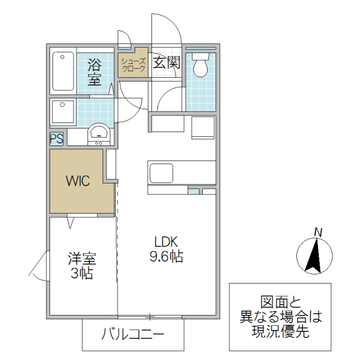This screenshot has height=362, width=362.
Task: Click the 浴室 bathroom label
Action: click(94, 71)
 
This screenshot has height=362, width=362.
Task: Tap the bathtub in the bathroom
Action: click(62, 72)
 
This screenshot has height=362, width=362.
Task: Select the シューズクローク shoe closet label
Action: click(133, 65)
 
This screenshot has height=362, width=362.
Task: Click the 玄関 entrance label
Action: click(165, 63)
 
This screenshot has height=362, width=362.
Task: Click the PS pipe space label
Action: click(57, 139)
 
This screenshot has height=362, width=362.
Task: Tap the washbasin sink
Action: click(98, 133)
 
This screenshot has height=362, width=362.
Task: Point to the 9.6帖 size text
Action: click(166, 257)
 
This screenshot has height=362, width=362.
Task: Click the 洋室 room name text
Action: click(81, 259)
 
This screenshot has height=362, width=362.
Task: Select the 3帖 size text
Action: click(81, 273)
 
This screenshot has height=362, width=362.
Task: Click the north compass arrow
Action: click(314, 256)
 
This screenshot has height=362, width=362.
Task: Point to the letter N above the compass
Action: click(318, 232)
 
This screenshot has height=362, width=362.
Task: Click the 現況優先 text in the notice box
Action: click(280, 331)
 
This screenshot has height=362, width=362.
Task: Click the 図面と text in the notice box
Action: click(280, 302)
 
